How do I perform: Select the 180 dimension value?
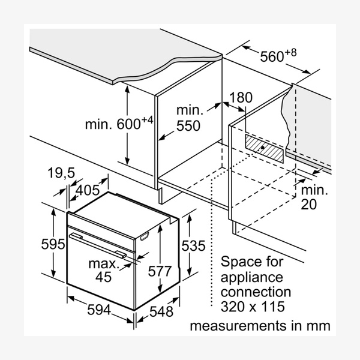tap(241, 97)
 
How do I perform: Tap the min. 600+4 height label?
tap(119, 124)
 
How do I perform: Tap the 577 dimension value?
tap(160, 271)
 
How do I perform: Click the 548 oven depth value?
tap(161, 312)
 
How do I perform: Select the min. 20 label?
tap(314, 197)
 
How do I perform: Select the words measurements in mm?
tap(260, 326)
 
